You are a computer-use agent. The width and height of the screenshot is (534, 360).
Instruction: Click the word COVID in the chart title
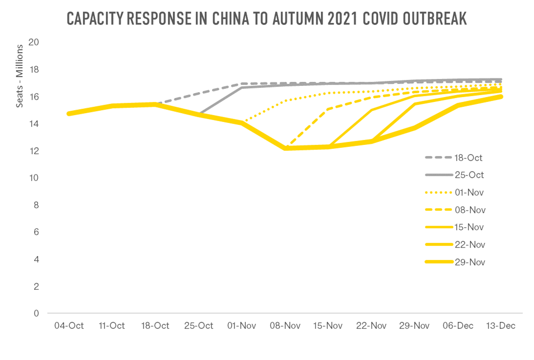click(x=383, y=18)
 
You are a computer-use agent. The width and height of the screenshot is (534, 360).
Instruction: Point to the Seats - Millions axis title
click(x=19, y=76)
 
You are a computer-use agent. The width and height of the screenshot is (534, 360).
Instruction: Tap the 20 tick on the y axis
click(x=34, y=42)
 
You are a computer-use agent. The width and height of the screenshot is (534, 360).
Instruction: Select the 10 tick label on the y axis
click(x=34, y=178)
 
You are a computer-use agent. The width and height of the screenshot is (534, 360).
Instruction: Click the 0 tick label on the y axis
click(x=36, y=313)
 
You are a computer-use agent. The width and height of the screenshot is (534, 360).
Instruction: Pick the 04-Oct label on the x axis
click(x=69, y=326)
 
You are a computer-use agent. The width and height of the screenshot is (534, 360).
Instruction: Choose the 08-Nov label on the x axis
click(x=285, y=326)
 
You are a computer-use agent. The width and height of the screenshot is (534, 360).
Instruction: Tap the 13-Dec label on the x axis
click(x=501, y=326)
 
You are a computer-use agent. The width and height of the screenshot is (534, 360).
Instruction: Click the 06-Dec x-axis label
click(x=458, y=326)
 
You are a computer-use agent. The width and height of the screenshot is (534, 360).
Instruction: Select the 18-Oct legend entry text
click(x=468, y=158)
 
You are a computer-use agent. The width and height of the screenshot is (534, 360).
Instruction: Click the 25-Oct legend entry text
click(x=469, y=175)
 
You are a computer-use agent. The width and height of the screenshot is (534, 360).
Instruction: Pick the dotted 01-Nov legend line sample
click(x=439, y=193)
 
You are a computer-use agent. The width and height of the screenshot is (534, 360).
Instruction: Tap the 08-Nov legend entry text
click(x=470, y=210)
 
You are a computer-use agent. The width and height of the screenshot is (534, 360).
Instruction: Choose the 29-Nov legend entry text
click(x=470, y=262)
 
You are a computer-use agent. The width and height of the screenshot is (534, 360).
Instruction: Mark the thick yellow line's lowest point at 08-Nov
click(x=285, y=148)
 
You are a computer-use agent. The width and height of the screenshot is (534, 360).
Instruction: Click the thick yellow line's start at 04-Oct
click(x=69, y=114)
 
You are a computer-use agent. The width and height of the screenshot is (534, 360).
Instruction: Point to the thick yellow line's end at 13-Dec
click(x=501, y=97)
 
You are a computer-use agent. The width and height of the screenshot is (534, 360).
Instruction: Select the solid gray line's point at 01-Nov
click(x=242, y=87)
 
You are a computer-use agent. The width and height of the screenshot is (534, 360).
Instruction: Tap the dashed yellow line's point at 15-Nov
click(x=328, y=109)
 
